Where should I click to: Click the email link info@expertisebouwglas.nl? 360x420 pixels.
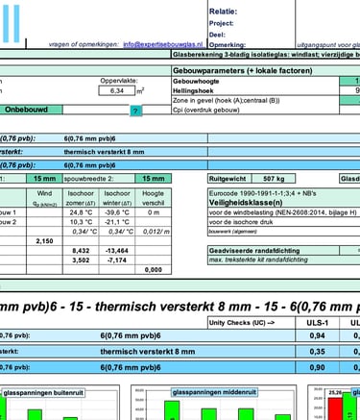(169, 44)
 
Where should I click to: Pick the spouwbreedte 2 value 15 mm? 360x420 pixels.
(152, 178)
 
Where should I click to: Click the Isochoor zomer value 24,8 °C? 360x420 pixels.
(81, 211)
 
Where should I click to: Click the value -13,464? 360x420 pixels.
(116, 250)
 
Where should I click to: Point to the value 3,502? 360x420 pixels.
(81, 259)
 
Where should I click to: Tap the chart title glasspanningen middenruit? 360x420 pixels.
(210, 392)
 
